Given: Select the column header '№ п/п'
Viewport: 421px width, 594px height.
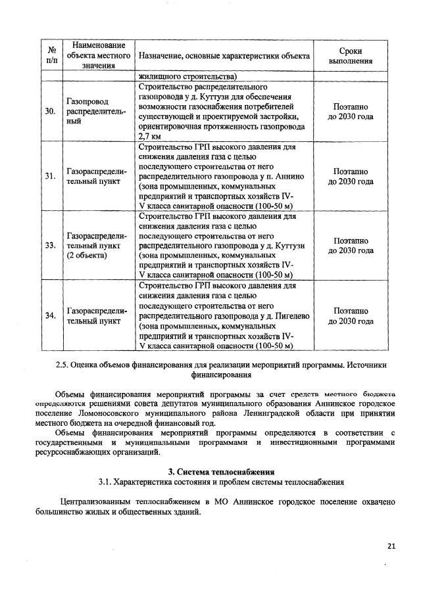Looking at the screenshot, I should [50, 55].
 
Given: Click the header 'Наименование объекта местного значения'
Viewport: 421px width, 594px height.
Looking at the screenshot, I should [98, 55].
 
